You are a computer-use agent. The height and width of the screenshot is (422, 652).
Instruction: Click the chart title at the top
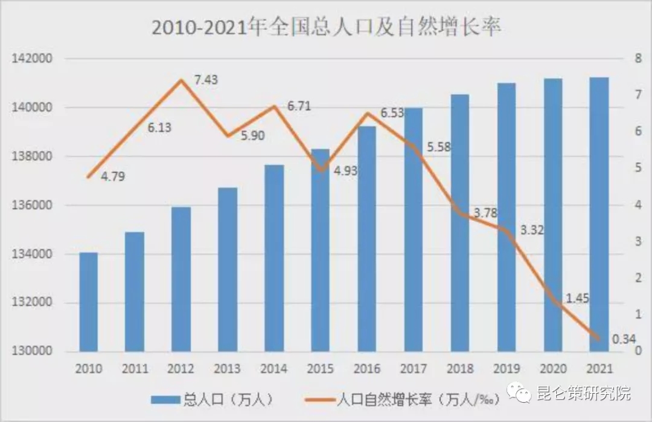326,28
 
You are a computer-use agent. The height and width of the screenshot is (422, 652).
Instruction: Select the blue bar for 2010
88,302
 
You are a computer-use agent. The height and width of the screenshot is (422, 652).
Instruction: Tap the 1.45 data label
577,298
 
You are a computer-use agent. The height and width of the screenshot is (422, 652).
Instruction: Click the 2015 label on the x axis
321,369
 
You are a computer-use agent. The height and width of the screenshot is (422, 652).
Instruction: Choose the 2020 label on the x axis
552,369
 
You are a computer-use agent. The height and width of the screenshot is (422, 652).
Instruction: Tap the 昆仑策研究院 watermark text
582,394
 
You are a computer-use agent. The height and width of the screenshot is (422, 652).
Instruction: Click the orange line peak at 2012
181,80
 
